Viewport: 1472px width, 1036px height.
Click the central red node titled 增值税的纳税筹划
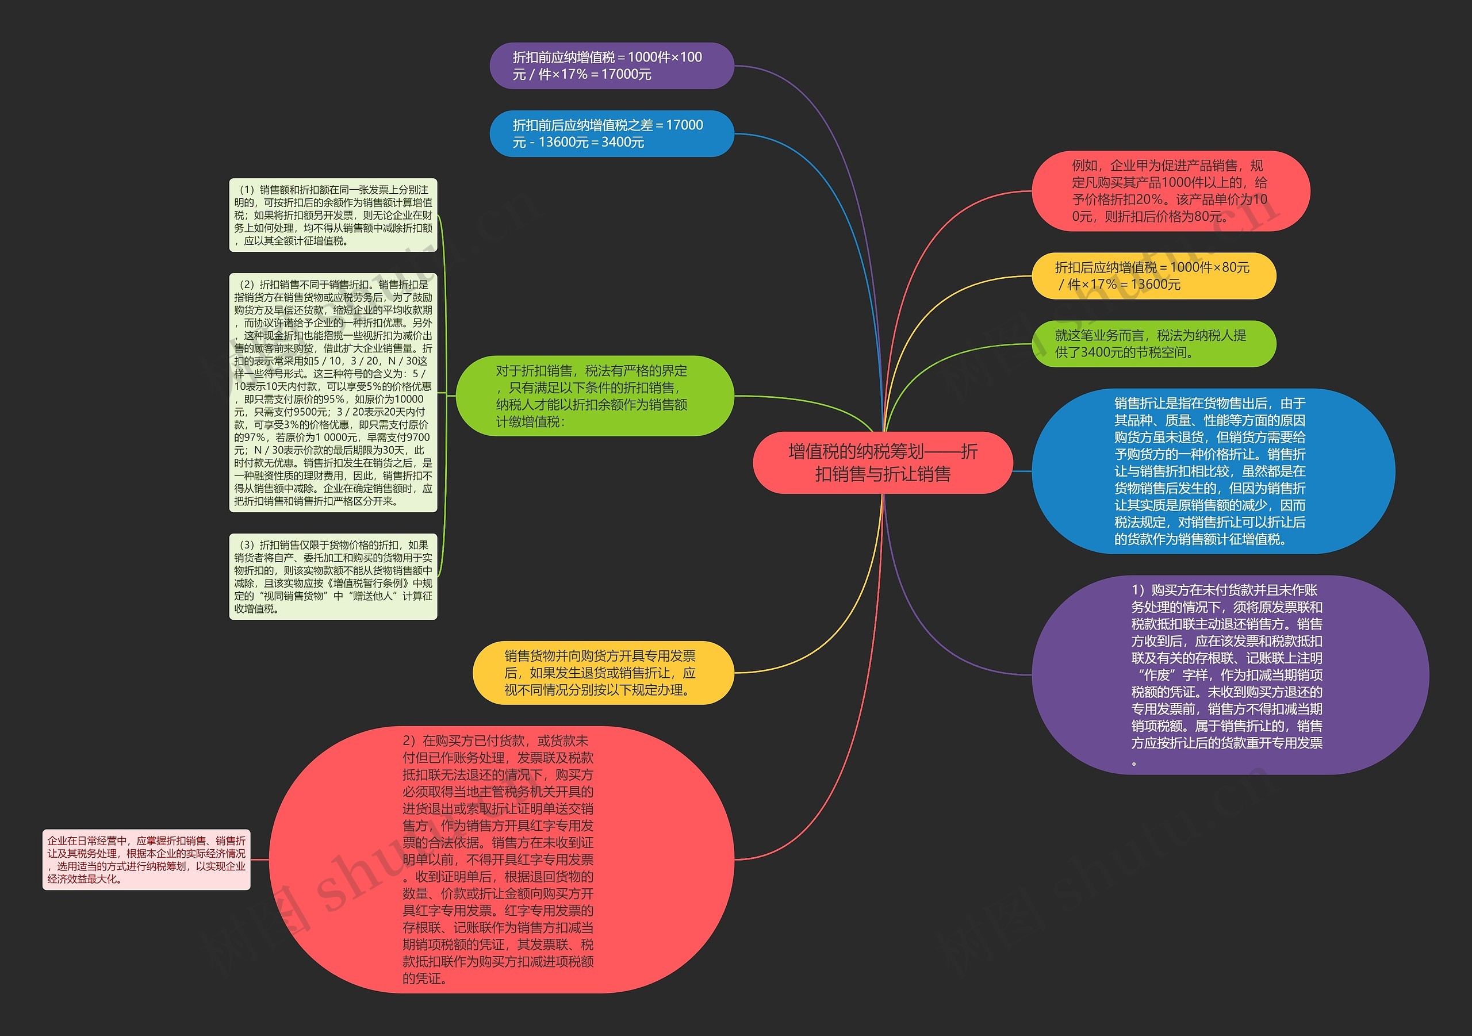[x=882, y=463]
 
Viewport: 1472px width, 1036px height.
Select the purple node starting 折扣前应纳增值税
[x=611, y=66]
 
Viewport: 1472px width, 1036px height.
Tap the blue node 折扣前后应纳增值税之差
[x=611, y=133]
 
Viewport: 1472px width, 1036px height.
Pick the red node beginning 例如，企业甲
[x=1170, y=191]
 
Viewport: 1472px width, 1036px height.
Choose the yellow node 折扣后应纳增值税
[x=1153, y=275]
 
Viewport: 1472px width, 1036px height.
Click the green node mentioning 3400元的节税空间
[x=1153, y=344]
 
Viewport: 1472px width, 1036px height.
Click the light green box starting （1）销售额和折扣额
[x=333, y=216]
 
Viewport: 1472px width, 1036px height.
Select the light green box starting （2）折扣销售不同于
[x=333, y=392]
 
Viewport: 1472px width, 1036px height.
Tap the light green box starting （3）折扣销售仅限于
[x=333, y=576]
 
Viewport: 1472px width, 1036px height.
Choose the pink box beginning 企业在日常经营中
[x=146, y=860]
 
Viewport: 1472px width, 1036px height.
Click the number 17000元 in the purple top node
[x=626, y=74]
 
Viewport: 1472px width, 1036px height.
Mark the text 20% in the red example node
[x=1148, y=199]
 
